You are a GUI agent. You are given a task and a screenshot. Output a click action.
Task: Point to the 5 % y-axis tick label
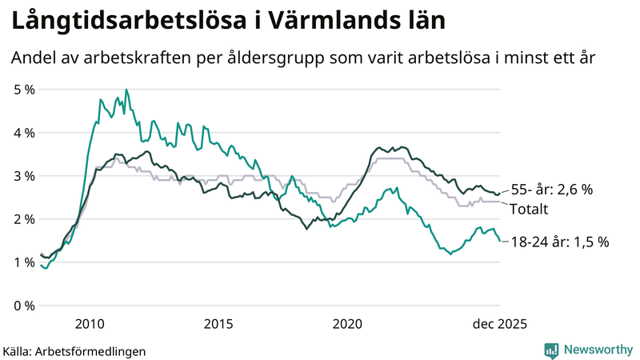pos(24,90)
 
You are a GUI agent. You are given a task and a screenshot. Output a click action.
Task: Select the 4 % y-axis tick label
pos(24,133)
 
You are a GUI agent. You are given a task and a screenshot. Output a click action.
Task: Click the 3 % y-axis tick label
pos(24,176)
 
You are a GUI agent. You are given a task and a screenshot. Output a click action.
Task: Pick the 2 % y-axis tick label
pos(24,219)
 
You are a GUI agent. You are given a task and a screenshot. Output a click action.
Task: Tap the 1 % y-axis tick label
pos(24,262)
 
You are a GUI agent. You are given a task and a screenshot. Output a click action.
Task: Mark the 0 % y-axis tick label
pos(24,306)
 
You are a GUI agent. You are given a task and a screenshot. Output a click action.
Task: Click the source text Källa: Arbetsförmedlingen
pos(74,350)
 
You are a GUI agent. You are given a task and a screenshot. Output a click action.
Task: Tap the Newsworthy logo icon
pos(551,350)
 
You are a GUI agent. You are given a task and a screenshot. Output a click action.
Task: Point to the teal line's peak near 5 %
pos(126,90)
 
